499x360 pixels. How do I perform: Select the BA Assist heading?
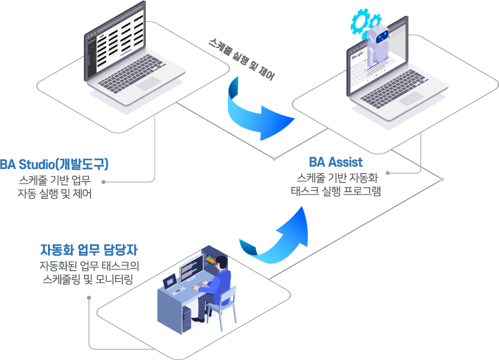coord(336,162)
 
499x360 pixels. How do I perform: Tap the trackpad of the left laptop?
coord(148,84)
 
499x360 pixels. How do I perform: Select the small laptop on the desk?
coord(171,283)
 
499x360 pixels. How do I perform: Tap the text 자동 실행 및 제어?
coord(55,194)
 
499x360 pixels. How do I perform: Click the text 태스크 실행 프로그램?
coord(336,191)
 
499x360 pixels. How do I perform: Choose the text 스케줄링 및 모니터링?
coord(89,279)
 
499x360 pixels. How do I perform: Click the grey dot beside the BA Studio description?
coord(104,181)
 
